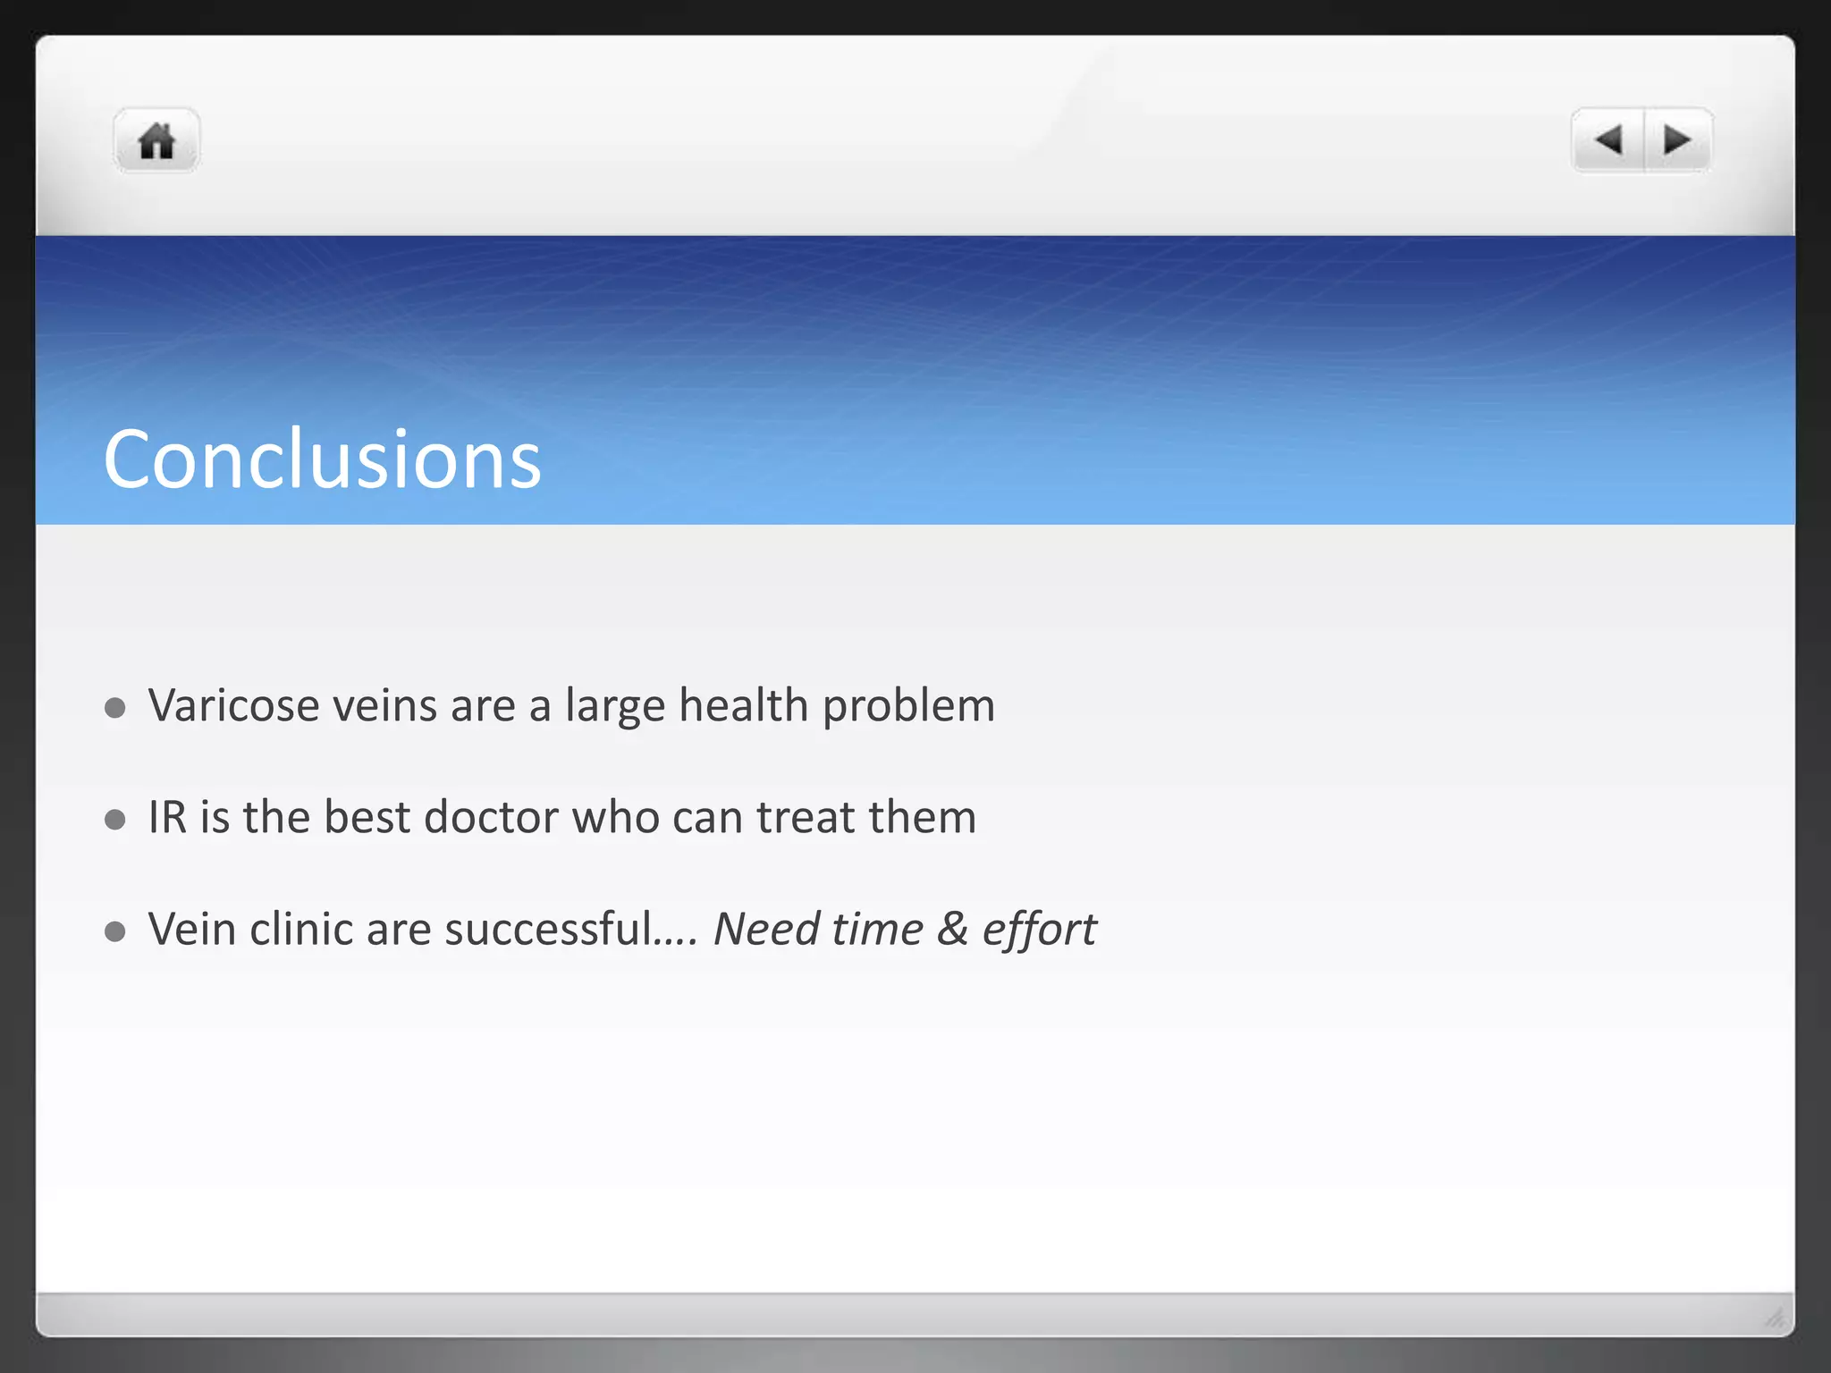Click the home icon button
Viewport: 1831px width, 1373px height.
(x=156, y=140)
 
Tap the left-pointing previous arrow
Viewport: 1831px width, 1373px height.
(x=1608, y=139)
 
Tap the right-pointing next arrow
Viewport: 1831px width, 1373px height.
(x=1677, y=139)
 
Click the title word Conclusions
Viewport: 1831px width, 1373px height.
(x=322, y=459)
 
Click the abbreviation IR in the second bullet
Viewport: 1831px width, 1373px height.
(x=167, y=817)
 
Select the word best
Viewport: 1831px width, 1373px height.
(x=367, y=817)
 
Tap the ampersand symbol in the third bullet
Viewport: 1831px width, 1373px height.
(x=952, y=929)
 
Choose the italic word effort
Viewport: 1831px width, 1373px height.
(x=1039, y=931)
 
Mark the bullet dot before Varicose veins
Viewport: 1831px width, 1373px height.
(x=114, y=708)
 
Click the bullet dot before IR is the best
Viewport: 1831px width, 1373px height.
(x=114, y=820)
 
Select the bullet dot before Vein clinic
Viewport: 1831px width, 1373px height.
(x=114, y=931)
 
